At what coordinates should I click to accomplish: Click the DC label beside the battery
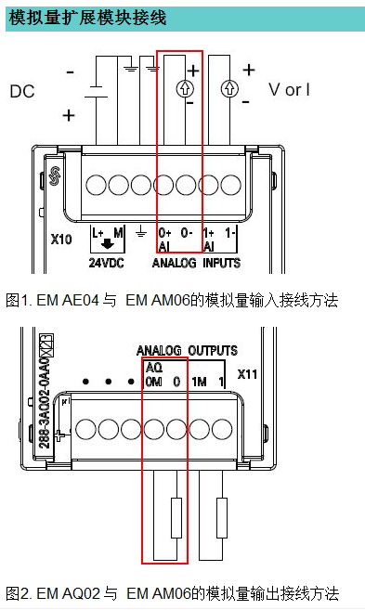21,91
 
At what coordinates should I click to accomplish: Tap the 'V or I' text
290,89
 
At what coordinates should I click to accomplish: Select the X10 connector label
60,239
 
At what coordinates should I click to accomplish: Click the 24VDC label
107,263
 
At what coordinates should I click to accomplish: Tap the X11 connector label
248,376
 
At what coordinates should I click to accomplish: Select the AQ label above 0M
154,368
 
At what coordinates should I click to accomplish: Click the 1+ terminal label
209,232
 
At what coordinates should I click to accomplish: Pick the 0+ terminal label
165,232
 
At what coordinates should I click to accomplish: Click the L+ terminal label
98,232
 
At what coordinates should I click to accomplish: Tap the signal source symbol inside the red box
184,89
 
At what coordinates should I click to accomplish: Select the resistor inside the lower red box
176,518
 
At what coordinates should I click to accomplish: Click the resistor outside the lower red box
221,518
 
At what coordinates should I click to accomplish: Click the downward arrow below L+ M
108,247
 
